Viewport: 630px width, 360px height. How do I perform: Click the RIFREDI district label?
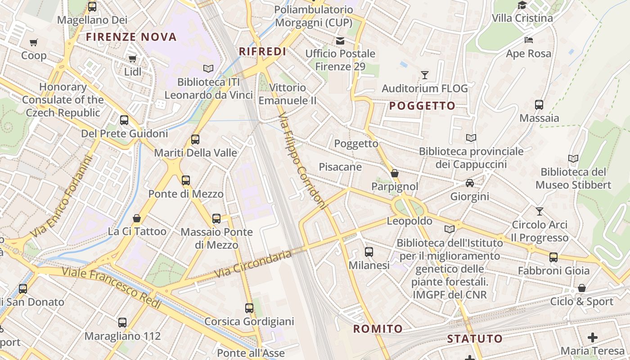[x=262, y=51]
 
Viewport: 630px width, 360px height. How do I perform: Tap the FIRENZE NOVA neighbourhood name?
[x=131, y=37]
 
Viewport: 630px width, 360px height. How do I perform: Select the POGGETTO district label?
[x=422, y=106]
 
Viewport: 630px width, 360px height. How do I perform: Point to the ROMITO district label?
[x=378, y=329]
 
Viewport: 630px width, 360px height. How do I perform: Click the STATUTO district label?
[x=475, y=339]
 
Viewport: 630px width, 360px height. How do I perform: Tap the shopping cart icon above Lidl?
[x=132, y=58]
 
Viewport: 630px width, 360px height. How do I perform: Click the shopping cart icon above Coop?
[x=34, y=43]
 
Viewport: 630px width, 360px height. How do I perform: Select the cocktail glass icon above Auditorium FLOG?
[x=424, y=75]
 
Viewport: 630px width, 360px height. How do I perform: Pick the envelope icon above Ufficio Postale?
[x=340, y=40]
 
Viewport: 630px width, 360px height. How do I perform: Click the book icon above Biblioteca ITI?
[x=208, y=68]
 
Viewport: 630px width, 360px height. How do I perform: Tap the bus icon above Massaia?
[x=539, y=105]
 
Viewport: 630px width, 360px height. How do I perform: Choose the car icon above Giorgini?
[x=470, y=183]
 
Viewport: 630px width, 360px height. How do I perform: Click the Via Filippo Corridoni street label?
[x=301, y=161]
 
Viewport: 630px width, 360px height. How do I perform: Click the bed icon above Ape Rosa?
[x=529, y=40]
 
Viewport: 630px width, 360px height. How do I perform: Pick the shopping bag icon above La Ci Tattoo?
[x=137, y=218]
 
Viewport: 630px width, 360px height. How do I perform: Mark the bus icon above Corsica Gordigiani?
[x=249, y=308]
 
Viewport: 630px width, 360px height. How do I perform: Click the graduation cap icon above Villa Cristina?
[x=522, y=5]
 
